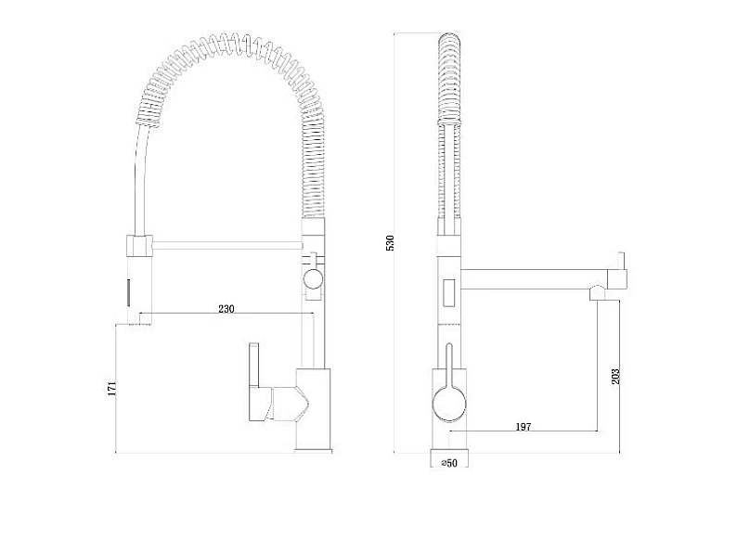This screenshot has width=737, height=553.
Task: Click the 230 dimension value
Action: point(226,309)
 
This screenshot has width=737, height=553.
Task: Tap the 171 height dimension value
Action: point(111,389)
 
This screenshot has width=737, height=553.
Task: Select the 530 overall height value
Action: point(390,242)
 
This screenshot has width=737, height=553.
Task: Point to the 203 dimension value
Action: point(615,377)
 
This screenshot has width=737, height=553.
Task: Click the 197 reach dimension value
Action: point(524,427)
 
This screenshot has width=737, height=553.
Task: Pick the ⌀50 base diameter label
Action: point(449,463)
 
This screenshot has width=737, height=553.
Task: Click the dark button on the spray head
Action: point(127,292)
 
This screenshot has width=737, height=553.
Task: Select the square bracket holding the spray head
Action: point(138,246)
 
